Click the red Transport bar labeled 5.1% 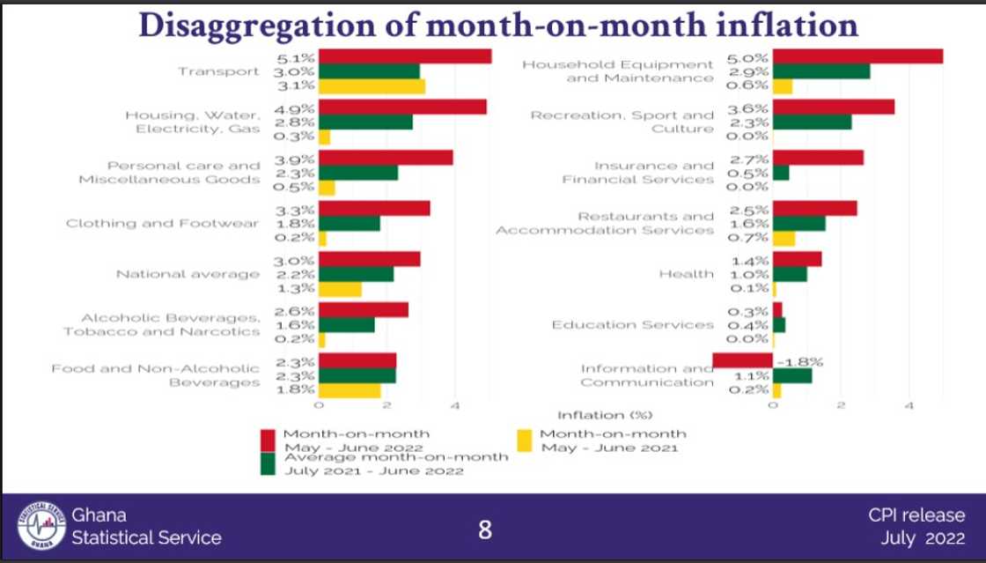point(404,56)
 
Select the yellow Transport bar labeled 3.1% point(372,86)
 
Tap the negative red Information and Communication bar point(742,360)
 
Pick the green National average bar point(356,274)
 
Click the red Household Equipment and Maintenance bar point(857,56)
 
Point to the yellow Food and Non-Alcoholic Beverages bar point(350,390)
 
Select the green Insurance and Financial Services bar point(781,173)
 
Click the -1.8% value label point(798,361)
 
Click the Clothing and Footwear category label point(162,224)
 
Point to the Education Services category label point(632,325)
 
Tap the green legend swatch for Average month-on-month point(269,463)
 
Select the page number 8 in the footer point(485,530)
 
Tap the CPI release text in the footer point(916,515)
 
